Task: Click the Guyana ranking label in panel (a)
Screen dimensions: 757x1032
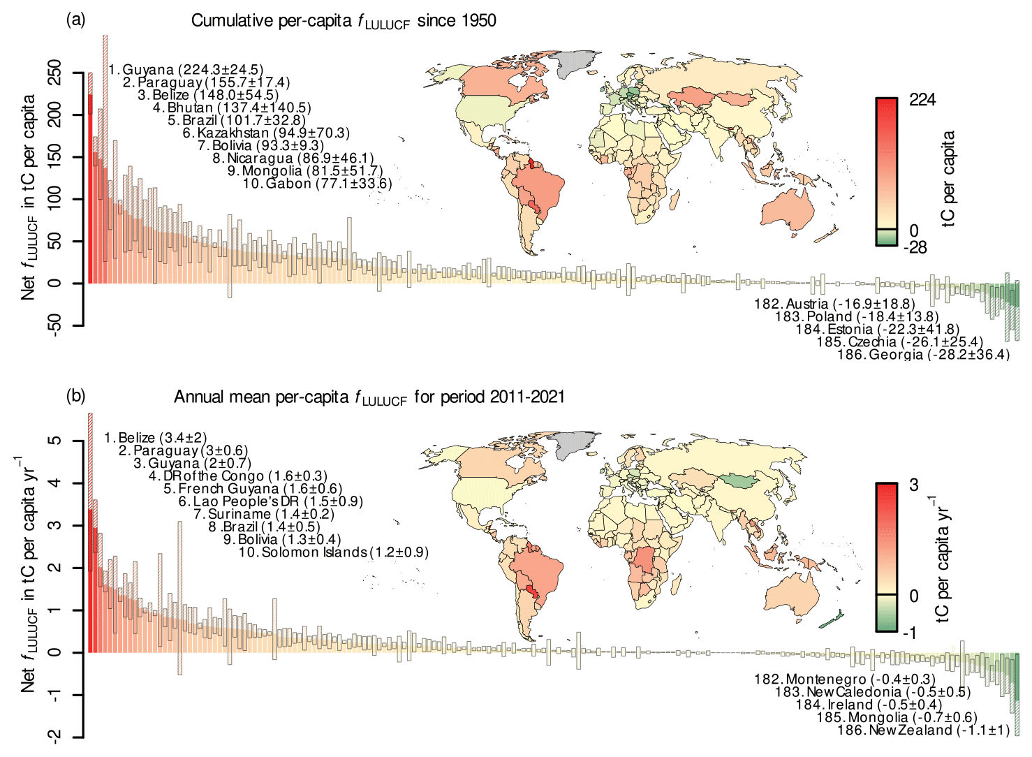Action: coord(186,70)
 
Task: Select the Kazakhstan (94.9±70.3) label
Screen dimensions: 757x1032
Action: coord(266,133)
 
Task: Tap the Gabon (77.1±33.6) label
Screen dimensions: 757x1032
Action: coord(317,184)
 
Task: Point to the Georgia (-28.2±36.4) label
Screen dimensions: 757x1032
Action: coord(923,355)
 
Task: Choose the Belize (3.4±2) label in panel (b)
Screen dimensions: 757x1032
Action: coord(155,438)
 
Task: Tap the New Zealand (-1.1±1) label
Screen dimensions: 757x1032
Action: coord(923,730)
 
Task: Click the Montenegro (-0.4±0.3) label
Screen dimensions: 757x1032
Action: coord(845,679)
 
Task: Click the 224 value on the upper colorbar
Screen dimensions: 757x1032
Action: coord(922,100)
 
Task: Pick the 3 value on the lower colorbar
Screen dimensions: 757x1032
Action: coord(914,485)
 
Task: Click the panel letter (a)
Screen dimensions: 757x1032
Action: coord(75,20)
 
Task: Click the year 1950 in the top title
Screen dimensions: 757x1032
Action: coord(478,20)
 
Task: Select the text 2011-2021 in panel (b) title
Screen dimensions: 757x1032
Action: coord(527,397)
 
